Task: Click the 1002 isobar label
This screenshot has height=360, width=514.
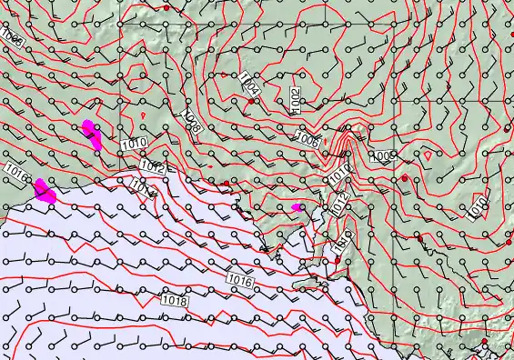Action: [x=296, y=98]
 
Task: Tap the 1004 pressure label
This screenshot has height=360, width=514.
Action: [x=250, y=86]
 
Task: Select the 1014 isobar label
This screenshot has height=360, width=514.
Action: [x=143, y=186]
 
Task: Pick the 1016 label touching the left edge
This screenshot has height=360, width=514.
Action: [x=15, y=170]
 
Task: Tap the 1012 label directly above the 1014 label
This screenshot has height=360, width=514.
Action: [x=152, y=168]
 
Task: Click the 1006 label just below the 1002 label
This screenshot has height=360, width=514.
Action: [x=308, y=140]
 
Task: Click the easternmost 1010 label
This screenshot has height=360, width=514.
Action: [x=479, y=208]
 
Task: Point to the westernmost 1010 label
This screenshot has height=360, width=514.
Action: [x=132, y=143]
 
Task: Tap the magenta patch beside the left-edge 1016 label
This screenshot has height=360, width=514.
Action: [x=45, y=190]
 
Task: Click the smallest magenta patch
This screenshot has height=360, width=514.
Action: [x=296, y=207]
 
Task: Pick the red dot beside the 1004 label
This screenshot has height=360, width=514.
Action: [x=252, y=102]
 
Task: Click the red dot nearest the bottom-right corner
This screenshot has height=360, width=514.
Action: [x=486, y=342]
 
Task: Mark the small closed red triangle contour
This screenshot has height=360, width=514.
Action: [x=428, y=155]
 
